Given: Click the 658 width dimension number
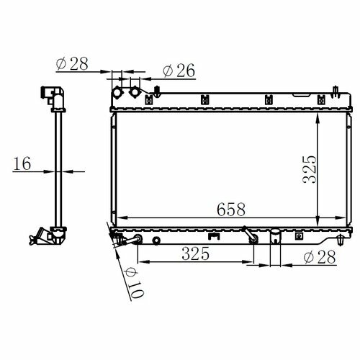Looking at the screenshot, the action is coord(231,210).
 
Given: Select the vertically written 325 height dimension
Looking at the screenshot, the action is coord(310,169).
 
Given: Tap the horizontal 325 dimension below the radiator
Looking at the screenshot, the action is coord(196,253).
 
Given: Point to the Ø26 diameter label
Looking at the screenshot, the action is coord(179,71).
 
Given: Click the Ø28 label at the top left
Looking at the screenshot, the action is coord(72,64).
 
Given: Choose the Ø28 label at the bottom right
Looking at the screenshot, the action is coord(320,257).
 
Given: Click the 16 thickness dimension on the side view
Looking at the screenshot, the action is coord(22,163).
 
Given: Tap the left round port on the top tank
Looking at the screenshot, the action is coord(118,93).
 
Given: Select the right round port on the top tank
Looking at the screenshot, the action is coord(135,92).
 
